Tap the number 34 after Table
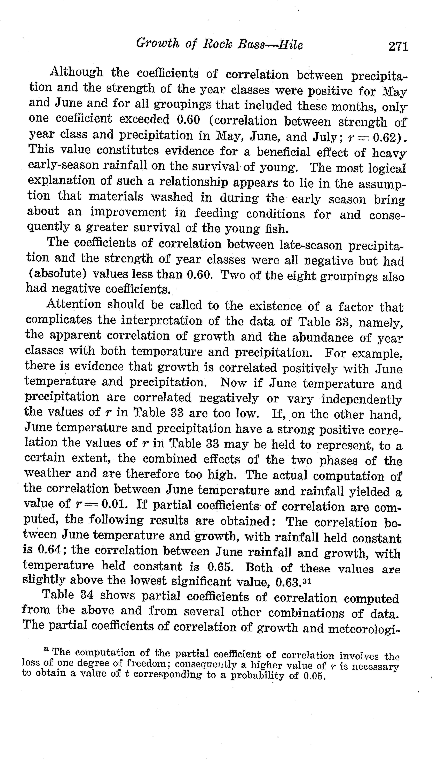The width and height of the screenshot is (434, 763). [x=87, y=595]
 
